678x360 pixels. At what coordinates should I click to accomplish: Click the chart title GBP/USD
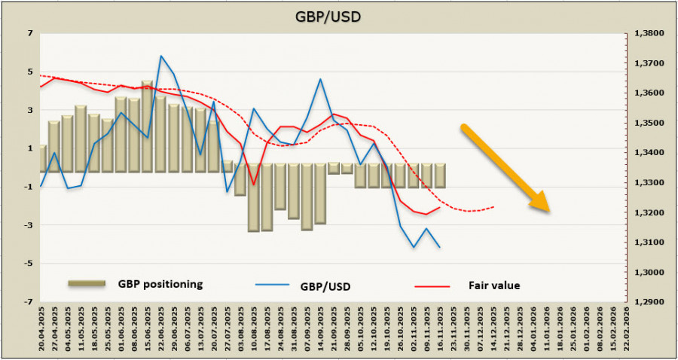pyautogui.click(x=338, y=15)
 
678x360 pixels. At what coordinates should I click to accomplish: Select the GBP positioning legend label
pyautogui.click(x=160, y=284)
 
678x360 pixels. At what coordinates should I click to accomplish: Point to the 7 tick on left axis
pyautogui.click(x=30, y=33)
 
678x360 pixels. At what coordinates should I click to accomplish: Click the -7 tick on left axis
pyautogui.click(x=29, y=302)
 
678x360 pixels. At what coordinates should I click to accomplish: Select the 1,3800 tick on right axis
pyautogui.click(x=649, y=33)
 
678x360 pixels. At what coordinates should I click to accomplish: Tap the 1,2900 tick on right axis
pyautogui.click(x=649, y=302)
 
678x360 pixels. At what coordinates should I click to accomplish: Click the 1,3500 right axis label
pyautogui.click(x=649, y=123)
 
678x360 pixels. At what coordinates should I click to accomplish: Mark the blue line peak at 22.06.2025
pyautogui.click(x=161, y=56)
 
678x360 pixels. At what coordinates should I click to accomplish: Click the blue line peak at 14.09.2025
pyautogui.click(x=320, y=79)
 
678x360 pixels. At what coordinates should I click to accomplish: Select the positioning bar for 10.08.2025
pyautogui.click(x=254, y=197)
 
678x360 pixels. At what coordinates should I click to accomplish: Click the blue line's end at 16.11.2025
pyautogui.click(x=440, y=247)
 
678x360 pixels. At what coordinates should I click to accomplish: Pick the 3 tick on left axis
pyautogui.click(x=30, y=110)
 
